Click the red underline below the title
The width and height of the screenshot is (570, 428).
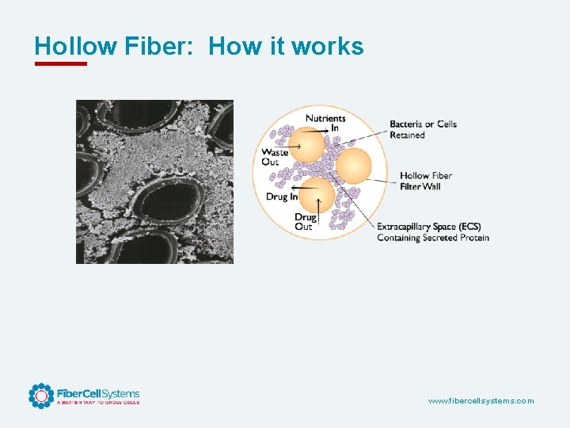(61, 63)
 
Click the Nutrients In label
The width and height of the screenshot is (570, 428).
(325, 123)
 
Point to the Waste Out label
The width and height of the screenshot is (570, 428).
(275, 157)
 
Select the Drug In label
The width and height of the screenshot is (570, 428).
(282, 197)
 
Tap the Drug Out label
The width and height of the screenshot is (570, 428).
(305, 221)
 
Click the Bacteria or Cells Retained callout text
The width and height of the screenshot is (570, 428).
(423, 129)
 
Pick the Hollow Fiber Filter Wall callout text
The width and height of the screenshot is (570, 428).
(426, 181)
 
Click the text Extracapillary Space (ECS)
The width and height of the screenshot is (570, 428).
(428, 227)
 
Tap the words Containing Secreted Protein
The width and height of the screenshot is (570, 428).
(432, 238)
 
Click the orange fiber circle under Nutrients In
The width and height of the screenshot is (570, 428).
(306, 146)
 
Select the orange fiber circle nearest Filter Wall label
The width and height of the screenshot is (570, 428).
(353, 166)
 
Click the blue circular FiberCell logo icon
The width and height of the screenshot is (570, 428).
(41, 396)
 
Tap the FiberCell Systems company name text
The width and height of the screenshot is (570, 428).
(97, 393)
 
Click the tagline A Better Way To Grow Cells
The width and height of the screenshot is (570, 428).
(97, 403)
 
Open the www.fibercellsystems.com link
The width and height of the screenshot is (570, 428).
(481, 401)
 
